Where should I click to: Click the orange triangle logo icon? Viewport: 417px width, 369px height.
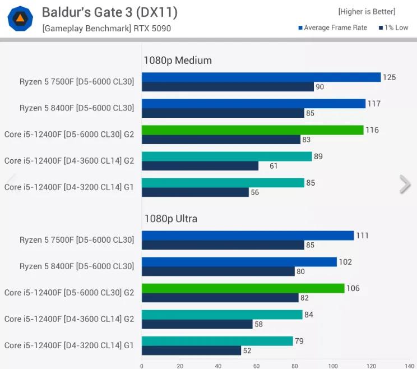pyautogui.click(x=20, y=19)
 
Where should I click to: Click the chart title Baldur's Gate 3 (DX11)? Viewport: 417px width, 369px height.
pyautogui.click(x=109, y=12)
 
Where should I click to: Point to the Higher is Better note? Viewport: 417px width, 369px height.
pyautogui.click(x=366, y=12)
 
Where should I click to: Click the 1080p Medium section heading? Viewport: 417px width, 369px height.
pyautogui.click(x=178, y=61)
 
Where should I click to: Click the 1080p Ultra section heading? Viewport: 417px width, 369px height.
pyautogui.click(x=171, y=219)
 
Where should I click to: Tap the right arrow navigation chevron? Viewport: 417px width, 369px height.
pyautogui.click(x=405, y=184)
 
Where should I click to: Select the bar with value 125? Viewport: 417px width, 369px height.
pyautogui.click(x=261, y=77)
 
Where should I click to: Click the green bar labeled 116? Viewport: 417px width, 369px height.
pyautogui.click(x=252, y=130)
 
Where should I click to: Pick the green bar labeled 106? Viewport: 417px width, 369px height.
pyautogui.click(x=243, y=288)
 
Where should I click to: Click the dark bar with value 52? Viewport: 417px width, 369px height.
pyautogui.click(x=191, y=350)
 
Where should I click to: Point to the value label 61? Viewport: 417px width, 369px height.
pyautogui.click(x=274, y=166)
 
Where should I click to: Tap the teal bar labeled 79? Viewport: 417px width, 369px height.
pyautogui.click(x=217, y=341)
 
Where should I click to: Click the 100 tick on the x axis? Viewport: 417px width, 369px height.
pyautogui.click(x=333, y=366)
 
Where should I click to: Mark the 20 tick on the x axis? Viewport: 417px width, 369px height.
pyautogui.click(x=180, y=366)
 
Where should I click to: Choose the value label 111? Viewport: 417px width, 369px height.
pyautogui.click(x=362, y=236)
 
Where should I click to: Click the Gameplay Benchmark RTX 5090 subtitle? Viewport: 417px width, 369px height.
pyautogui.click(x=106, y=28)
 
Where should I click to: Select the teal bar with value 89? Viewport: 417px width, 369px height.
pyautogui.click(x=226, y=156)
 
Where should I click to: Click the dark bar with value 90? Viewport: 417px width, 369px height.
pyautogui.click(x=228, y=87)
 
